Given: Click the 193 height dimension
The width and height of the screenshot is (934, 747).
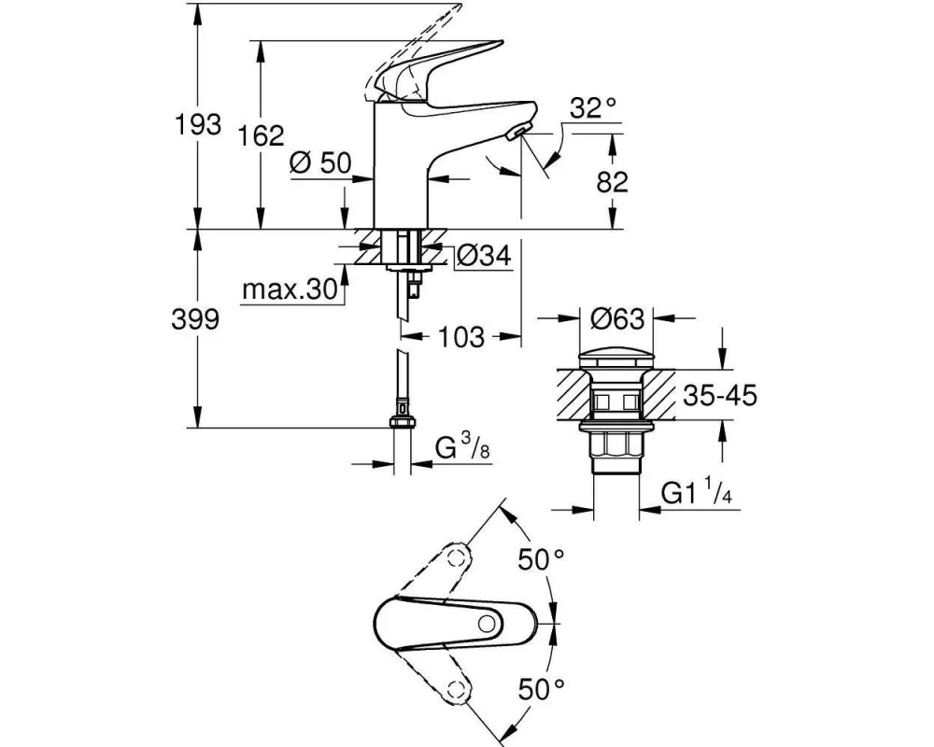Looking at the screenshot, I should click(195, 124).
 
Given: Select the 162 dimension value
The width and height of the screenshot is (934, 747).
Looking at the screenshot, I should click(261, 136).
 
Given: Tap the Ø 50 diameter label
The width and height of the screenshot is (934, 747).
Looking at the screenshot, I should click(319, 162).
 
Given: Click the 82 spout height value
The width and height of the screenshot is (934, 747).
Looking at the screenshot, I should click(612, 182).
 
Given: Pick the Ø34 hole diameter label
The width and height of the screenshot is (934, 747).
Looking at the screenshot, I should click(485, 255).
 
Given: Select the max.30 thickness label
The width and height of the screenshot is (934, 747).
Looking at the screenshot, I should click(289, 290).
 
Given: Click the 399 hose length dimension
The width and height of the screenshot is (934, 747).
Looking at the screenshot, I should click(195, 320).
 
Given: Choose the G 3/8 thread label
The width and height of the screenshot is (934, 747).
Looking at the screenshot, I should click(463, 450).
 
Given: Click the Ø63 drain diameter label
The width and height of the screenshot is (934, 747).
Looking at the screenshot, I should click(617, 319).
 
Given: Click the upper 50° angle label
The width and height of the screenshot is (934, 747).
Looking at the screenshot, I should click(542, 560).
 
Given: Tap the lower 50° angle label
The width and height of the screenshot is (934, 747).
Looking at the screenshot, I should click(542, 690).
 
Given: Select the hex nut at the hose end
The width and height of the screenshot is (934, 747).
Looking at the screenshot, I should click(401, 422).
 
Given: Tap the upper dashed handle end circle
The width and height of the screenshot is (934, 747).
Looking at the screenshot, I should click(457, 558).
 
